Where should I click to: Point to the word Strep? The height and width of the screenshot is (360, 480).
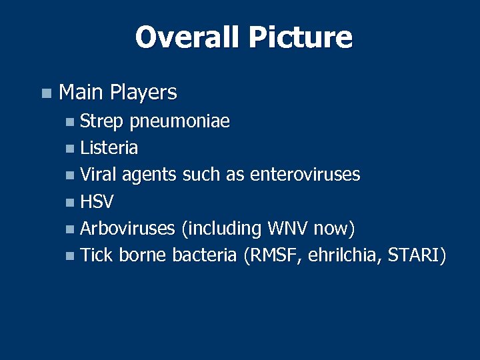click(103, 122)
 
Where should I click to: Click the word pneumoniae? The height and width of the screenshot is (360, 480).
click(180, 122)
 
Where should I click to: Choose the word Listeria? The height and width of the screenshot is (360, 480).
click(109, 147)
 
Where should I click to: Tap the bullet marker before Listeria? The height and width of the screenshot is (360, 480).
click(71, 149)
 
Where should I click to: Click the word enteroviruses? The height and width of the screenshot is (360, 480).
click(305, 175)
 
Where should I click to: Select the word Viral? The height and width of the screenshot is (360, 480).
click(99, 175)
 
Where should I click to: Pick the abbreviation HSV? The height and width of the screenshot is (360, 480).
click(97, 201)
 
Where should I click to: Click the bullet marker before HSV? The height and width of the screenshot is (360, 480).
click(71, 203)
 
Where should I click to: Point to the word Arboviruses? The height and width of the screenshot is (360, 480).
click(127, 228)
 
